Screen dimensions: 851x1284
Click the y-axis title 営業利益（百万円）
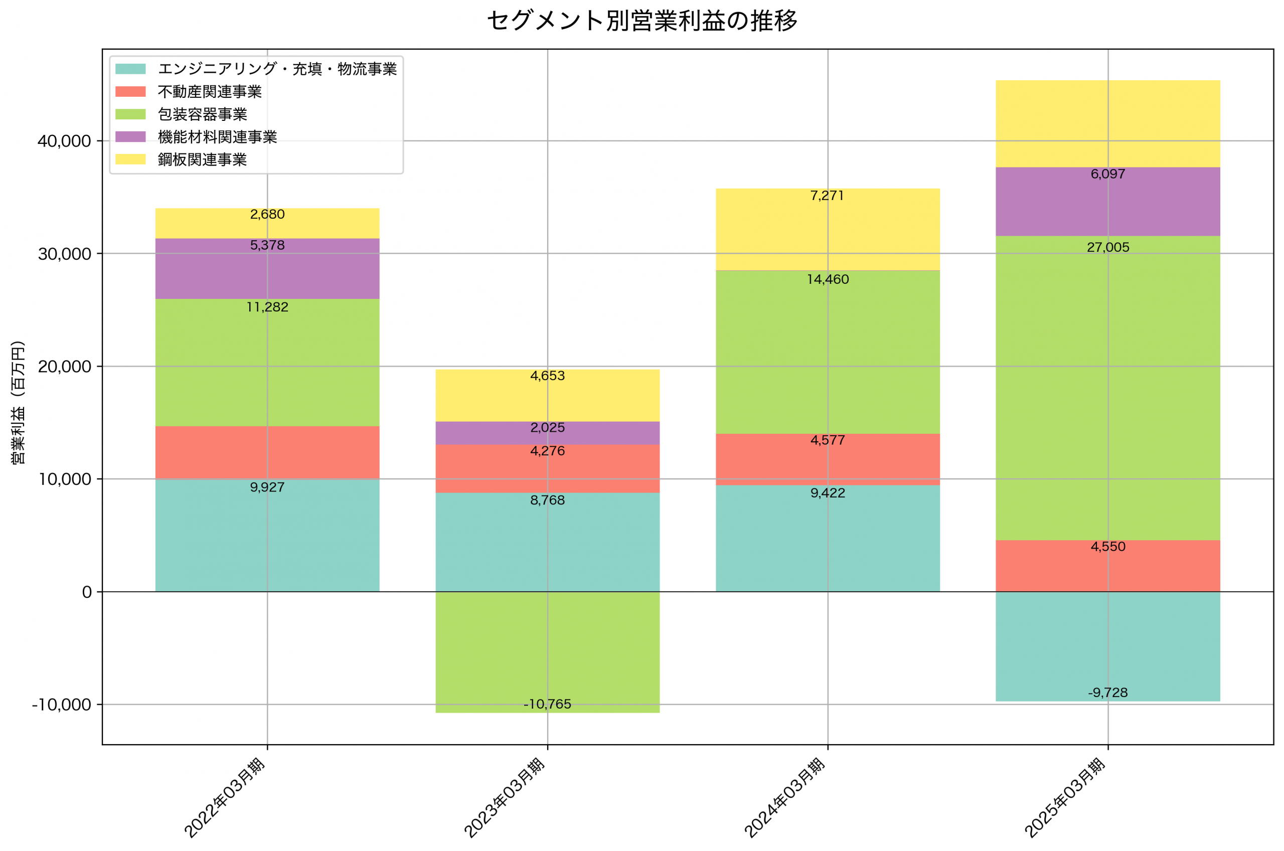[19, 402]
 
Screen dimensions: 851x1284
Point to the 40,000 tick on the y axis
[64, 141]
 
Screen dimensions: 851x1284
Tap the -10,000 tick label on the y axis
[61, 705]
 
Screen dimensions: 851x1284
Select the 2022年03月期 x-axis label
[225, 797]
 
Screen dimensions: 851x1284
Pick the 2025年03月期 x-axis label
[1065, 797]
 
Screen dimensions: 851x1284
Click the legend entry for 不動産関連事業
[210, 92]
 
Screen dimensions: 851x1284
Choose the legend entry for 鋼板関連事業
[202, 159]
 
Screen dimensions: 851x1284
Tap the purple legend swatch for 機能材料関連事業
[130, 137]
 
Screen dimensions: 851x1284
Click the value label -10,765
[547, 704]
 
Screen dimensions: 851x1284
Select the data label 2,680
[267, 214]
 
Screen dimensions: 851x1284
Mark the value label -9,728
[1107, 693]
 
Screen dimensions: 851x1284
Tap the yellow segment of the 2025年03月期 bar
[1107, 124]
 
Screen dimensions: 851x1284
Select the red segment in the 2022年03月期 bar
[267, 452]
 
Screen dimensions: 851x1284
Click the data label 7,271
[827, 196]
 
